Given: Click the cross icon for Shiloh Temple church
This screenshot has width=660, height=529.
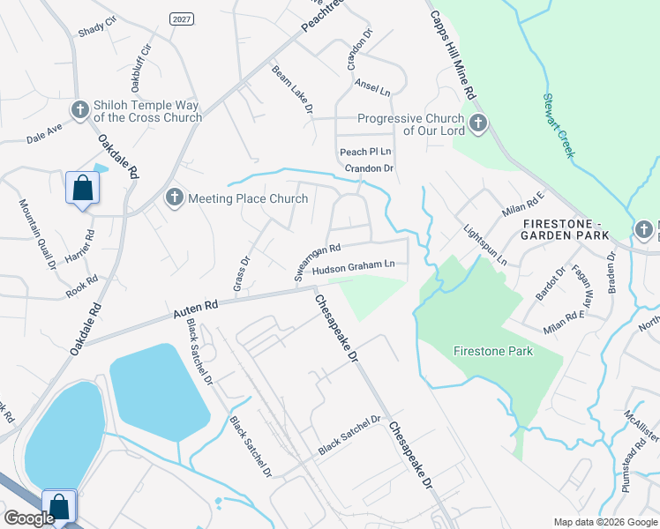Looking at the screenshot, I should coord(79,109).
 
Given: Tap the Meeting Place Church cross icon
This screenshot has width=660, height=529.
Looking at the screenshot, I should coord(174,197).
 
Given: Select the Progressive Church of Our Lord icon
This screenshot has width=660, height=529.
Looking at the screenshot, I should coord(478,123).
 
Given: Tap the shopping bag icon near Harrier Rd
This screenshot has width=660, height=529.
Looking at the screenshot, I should coord(82,188).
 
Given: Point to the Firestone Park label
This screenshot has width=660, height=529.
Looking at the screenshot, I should coord(493,351).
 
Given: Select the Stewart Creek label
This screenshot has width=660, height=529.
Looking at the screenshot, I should coord(559,125).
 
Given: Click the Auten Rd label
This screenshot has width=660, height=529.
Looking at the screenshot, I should coord(195,308).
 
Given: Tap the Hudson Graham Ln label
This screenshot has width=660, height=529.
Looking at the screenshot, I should coord(358,264).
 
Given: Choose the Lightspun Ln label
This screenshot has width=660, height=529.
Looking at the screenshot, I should coord(485,245).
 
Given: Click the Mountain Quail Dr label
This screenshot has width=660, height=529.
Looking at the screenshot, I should coord(38,233).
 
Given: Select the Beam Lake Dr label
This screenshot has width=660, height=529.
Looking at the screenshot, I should coord(292,89).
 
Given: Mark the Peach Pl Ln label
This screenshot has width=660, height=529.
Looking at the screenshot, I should coord(365,153).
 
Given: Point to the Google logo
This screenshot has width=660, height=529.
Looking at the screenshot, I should coord(28,518).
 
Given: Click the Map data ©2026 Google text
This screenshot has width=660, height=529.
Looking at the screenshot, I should coord(604,522).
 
